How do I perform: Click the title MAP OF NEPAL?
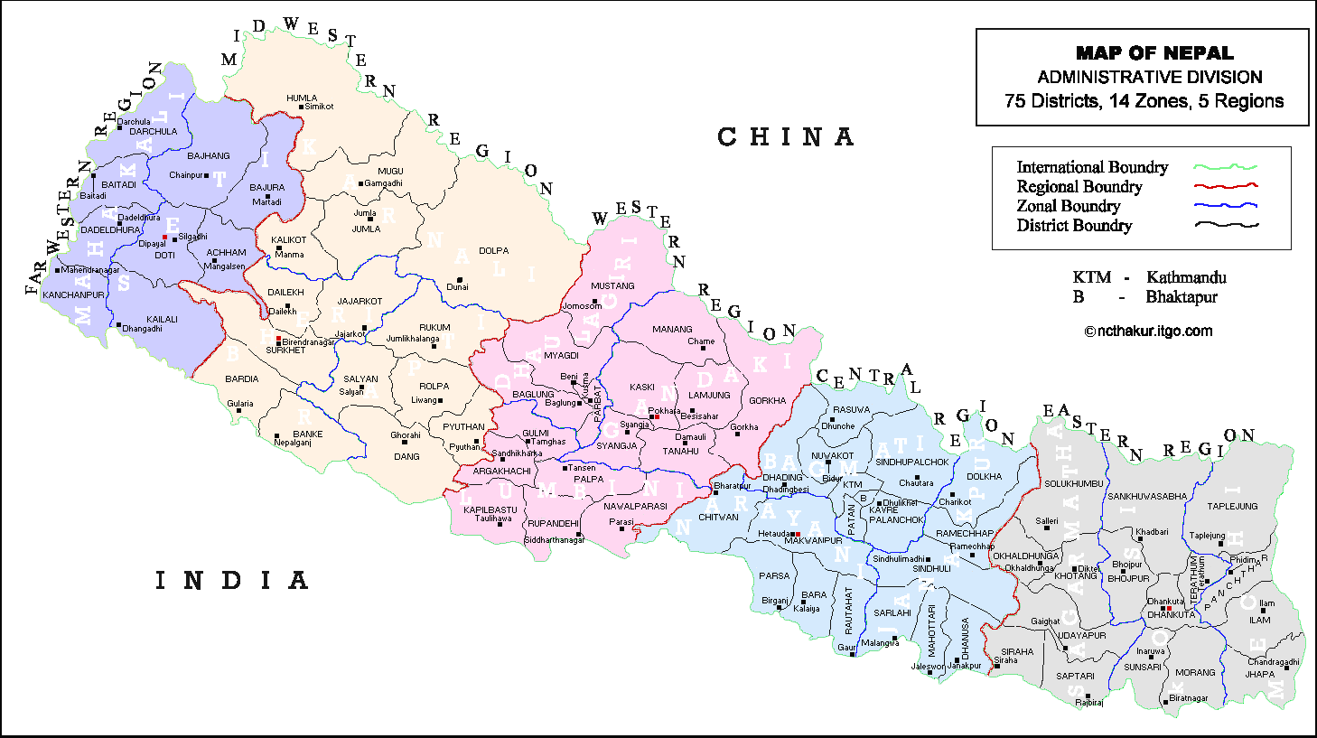pos(1154,53)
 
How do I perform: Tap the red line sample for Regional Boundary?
pos(1226,186)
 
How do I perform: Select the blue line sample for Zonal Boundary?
pos(1226,206)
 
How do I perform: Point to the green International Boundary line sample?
pos(1226,167)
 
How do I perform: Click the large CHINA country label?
pos(785,137)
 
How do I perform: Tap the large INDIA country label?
pos(232,581)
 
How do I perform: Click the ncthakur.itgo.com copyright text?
pos(1148,331)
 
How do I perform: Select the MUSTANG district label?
pos(612,286)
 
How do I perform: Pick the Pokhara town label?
pos(664,411)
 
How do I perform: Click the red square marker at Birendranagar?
pos(279,340)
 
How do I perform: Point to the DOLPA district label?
pos(493,251)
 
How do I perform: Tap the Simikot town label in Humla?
pos(319,107)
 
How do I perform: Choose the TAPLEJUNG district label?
pos(1232,507)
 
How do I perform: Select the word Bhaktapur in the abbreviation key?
pos(1182,297)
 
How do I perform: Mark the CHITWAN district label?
pos(718,518)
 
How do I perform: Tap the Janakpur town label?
pos(964,667)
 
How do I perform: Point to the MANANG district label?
pos(672,330)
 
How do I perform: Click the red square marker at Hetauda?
pos(798,534)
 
